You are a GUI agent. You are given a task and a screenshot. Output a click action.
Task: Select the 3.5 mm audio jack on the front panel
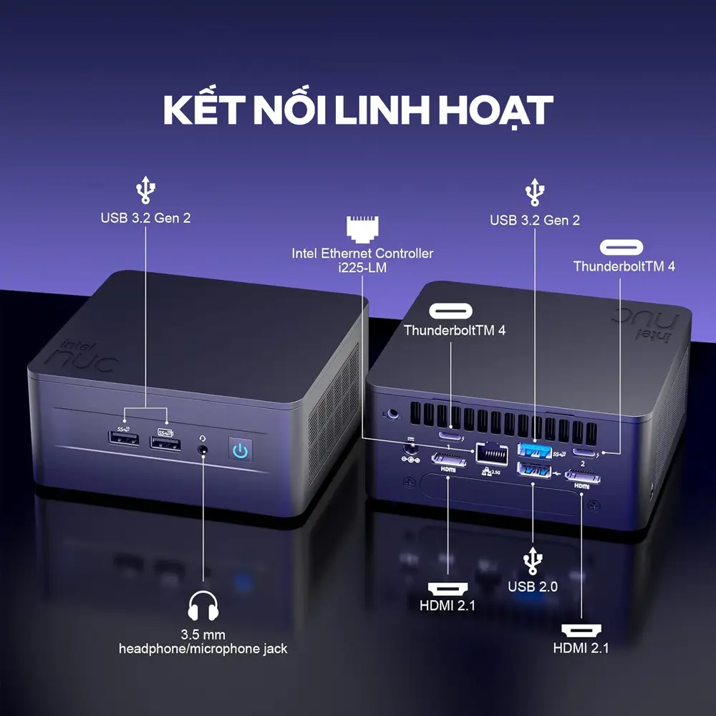(x=203, y=450)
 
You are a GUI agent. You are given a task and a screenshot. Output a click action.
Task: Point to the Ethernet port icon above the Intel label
(x=361, y=228)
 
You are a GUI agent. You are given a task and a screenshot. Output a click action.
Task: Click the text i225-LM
(x=362, y=267)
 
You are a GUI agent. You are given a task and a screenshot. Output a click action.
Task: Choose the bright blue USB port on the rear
(x=534, y=450)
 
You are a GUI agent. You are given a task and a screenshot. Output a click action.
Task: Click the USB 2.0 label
(x=533, y=587)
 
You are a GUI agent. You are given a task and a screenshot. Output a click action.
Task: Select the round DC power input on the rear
(x=410, y=450)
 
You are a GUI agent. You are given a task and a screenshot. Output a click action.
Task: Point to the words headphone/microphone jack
(x=203, y=649)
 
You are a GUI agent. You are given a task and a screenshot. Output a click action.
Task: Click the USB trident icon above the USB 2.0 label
(x=532, y=561)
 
